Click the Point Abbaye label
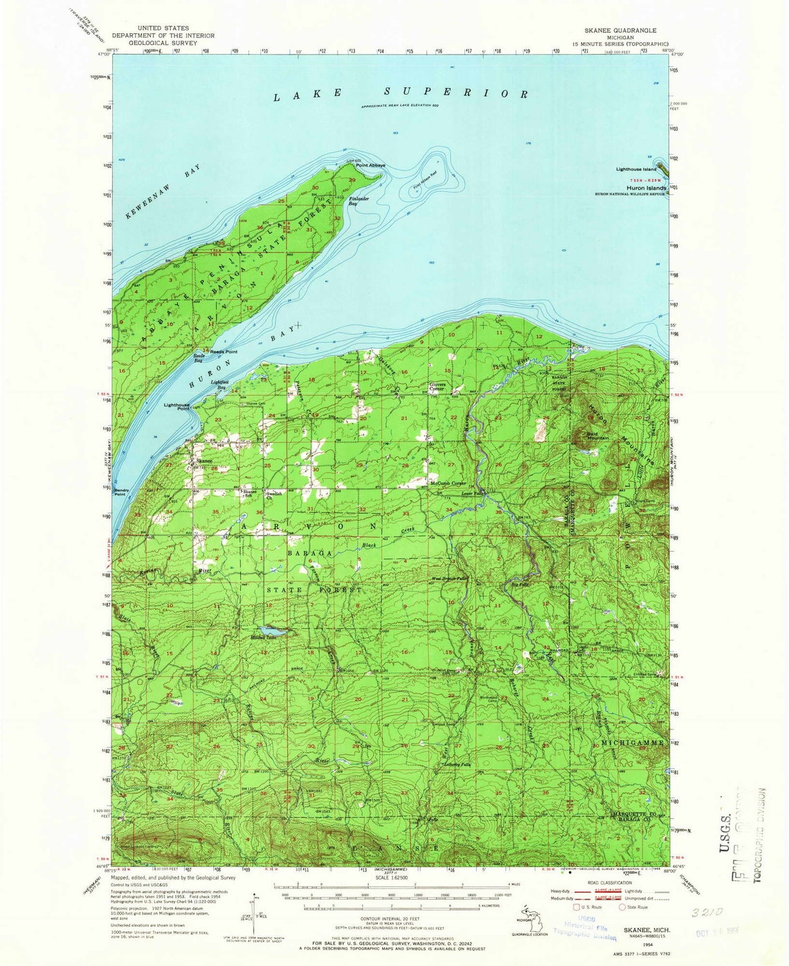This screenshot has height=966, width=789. click(370, 166)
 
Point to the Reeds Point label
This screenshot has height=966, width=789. click(224, 352)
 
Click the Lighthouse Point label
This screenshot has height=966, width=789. click(176, 407)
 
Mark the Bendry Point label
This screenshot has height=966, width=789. click(120, 492)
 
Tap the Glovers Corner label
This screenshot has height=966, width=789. click(437, 387)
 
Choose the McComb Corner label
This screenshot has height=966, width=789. click(448, 483)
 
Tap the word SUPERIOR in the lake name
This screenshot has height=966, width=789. click(457, 92)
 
